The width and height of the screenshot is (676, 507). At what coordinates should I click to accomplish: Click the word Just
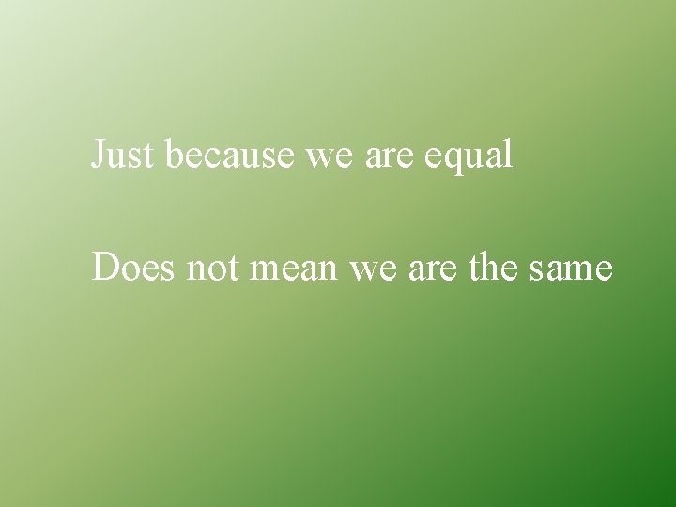[121, 155]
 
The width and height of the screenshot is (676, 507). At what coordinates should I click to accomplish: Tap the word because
[231, 155]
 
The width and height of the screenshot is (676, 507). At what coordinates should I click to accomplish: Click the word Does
[135, 269]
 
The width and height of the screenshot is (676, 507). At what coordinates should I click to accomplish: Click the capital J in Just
[98, 155]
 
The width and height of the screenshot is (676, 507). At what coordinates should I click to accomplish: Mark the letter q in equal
[452, 160]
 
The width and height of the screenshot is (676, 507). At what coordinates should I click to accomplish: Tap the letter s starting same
[537, 271]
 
